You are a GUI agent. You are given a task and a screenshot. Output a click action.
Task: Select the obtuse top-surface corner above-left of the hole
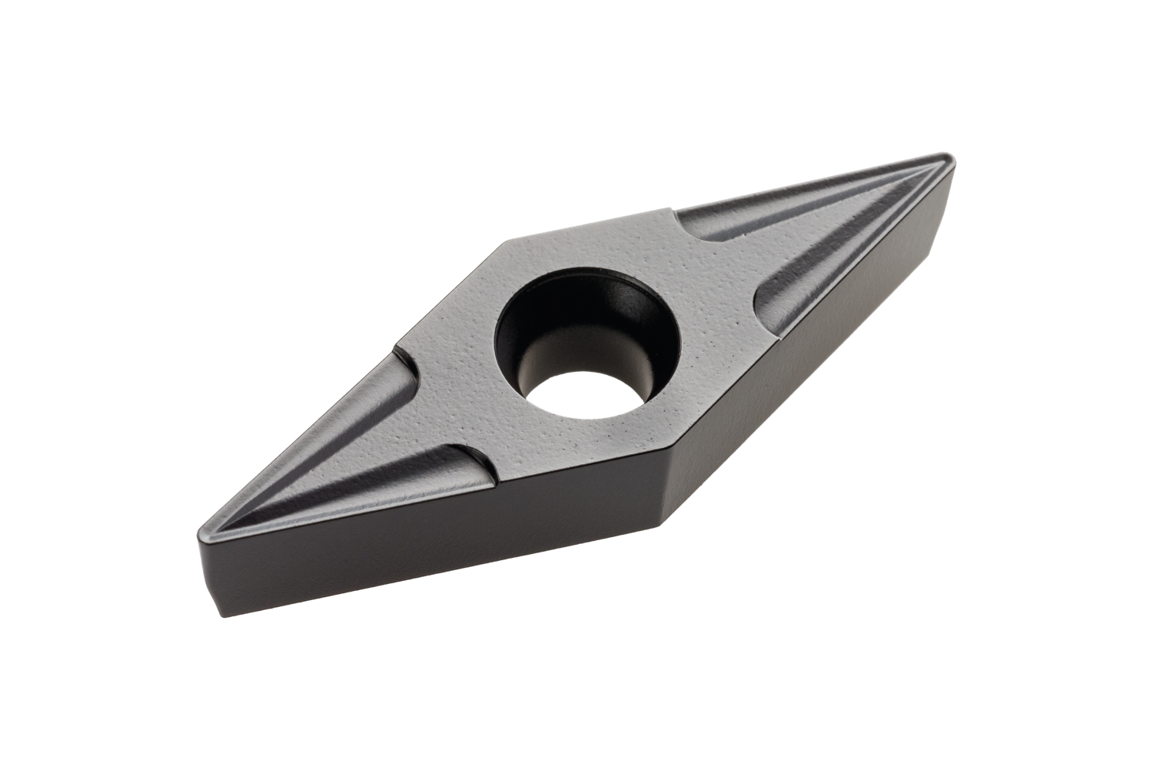point(504,244)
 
